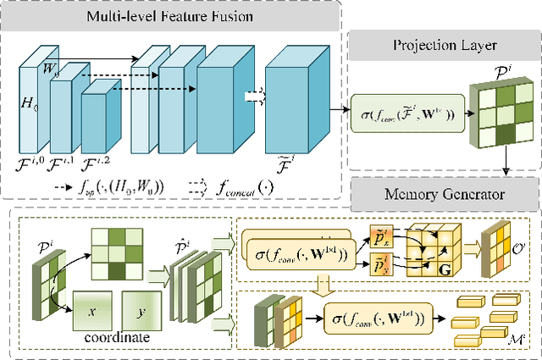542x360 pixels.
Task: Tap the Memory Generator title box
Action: (443, 194)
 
